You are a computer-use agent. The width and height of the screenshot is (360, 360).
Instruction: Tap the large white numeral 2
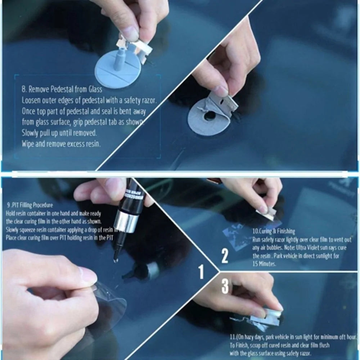pyautogui.click(x=225, y=256)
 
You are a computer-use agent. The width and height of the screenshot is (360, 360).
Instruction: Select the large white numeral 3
pyautogui.click(x=225, y=287)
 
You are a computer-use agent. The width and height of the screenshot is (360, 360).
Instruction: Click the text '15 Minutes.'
pyautogui.click(x=264, y=264)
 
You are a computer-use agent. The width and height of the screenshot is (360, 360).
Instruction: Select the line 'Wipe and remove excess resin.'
pyautogui.click(x=61, y=144)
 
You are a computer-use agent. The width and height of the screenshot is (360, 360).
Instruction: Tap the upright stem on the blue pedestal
pyautogui.click(x=119, y=59)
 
